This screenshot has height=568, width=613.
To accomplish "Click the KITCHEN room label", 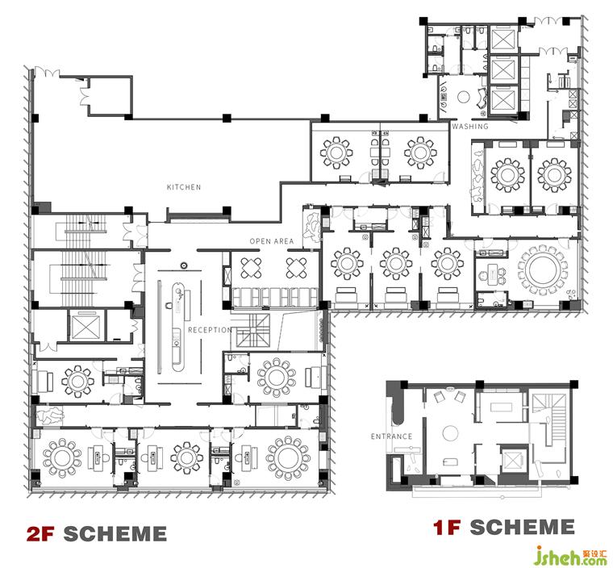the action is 184,187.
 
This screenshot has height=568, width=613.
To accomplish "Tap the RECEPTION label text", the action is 210,330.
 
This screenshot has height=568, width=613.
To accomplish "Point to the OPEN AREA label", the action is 272,241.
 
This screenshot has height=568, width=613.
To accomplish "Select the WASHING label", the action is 470,127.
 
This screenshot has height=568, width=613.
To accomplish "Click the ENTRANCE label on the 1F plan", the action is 391,436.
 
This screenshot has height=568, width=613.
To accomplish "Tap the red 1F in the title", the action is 447,527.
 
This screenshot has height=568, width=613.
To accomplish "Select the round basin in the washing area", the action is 464,97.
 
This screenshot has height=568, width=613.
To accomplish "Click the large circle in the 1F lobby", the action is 450,434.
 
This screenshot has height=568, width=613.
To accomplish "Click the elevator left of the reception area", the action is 86,325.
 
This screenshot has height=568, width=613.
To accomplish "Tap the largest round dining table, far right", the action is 543,270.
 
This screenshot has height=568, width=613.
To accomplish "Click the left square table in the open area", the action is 249,268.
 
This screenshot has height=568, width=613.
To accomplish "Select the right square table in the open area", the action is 296,268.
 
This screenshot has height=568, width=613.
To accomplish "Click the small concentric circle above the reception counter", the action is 184,265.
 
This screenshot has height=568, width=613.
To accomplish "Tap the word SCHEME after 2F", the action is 115,534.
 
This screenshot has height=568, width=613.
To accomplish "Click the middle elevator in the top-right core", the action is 504,69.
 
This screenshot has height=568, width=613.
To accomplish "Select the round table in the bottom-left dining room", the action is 62,457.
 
